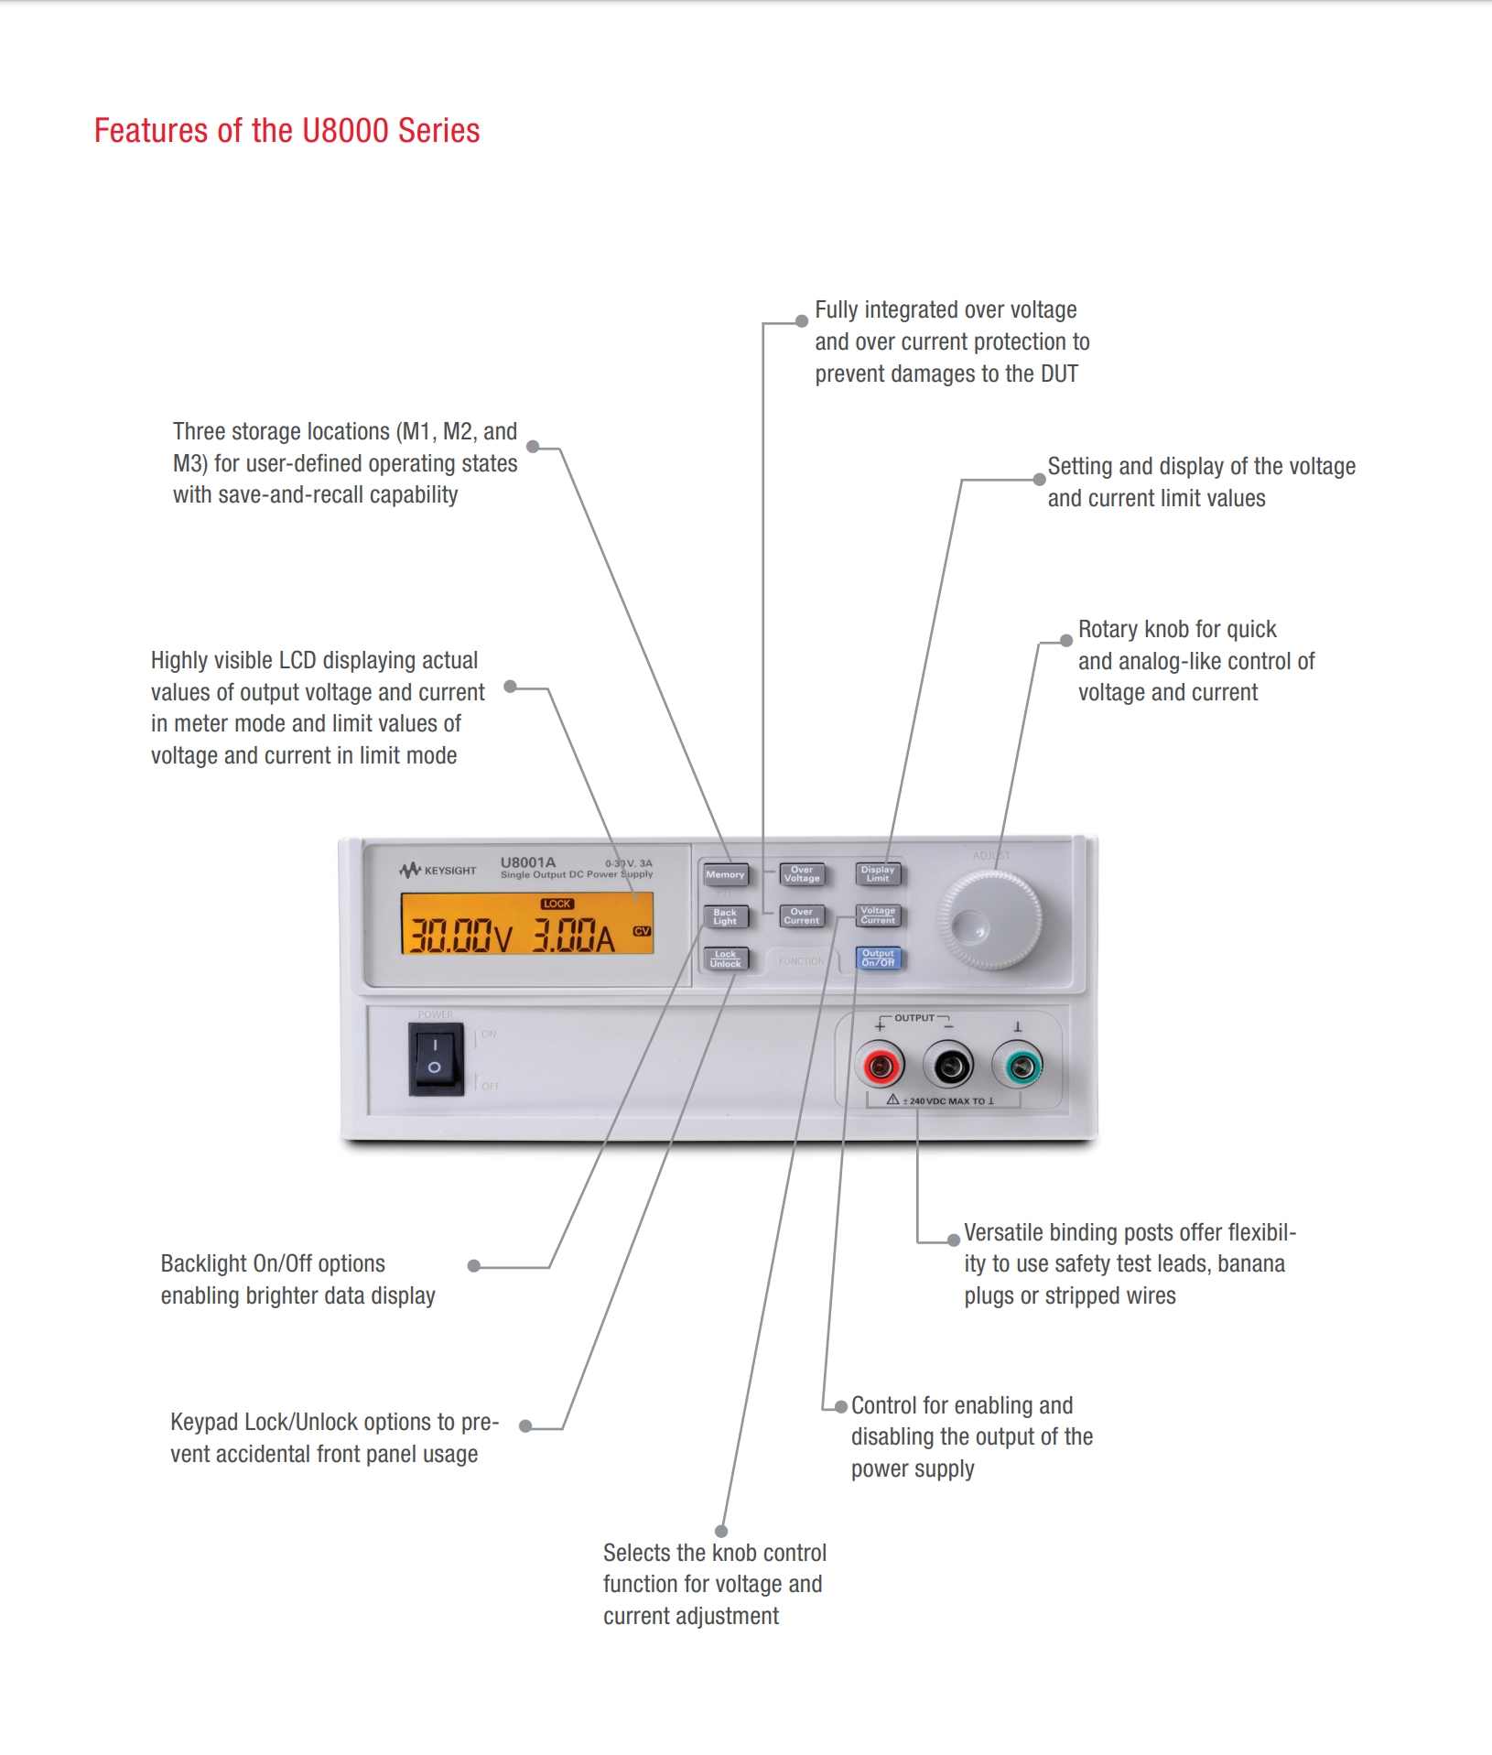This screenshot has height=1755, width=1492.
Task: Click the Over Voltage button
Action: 802,874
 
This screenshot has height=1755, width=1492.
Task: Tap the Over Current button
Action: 802,916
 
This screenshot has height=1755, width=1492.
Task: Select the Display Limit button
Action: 878,874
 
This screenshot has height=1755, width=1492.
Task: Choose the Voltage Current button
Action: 878,915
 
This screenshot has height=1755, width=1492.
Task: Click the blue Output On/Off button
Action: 878,959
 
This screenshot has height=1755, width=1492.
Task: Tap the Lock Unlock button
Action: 725,959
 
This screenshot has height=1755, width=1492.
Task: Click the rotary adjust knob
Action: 989,921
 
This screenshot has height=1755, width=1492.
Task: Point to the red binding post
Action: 880,1066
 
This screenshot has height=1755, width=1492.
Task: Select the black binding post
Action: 948,1066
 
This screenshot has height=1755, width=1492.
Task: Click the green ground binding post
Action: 1018,1066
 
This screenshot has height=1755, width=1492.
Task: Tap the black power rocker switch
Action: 436,1058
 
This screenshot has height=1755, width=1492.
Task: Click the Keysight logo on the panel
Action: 438,871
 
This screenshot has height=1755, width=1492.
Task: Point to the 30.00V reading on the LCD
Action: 459,936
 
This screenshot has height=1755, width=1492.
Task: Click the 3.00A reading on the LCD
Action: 574,936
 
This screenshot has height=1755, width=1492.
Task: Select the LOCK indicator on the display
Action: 557,904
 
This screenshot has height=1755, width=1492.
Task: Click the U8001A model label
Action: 528,862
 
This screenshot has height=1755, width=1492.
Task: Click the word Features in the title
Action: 152,131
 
